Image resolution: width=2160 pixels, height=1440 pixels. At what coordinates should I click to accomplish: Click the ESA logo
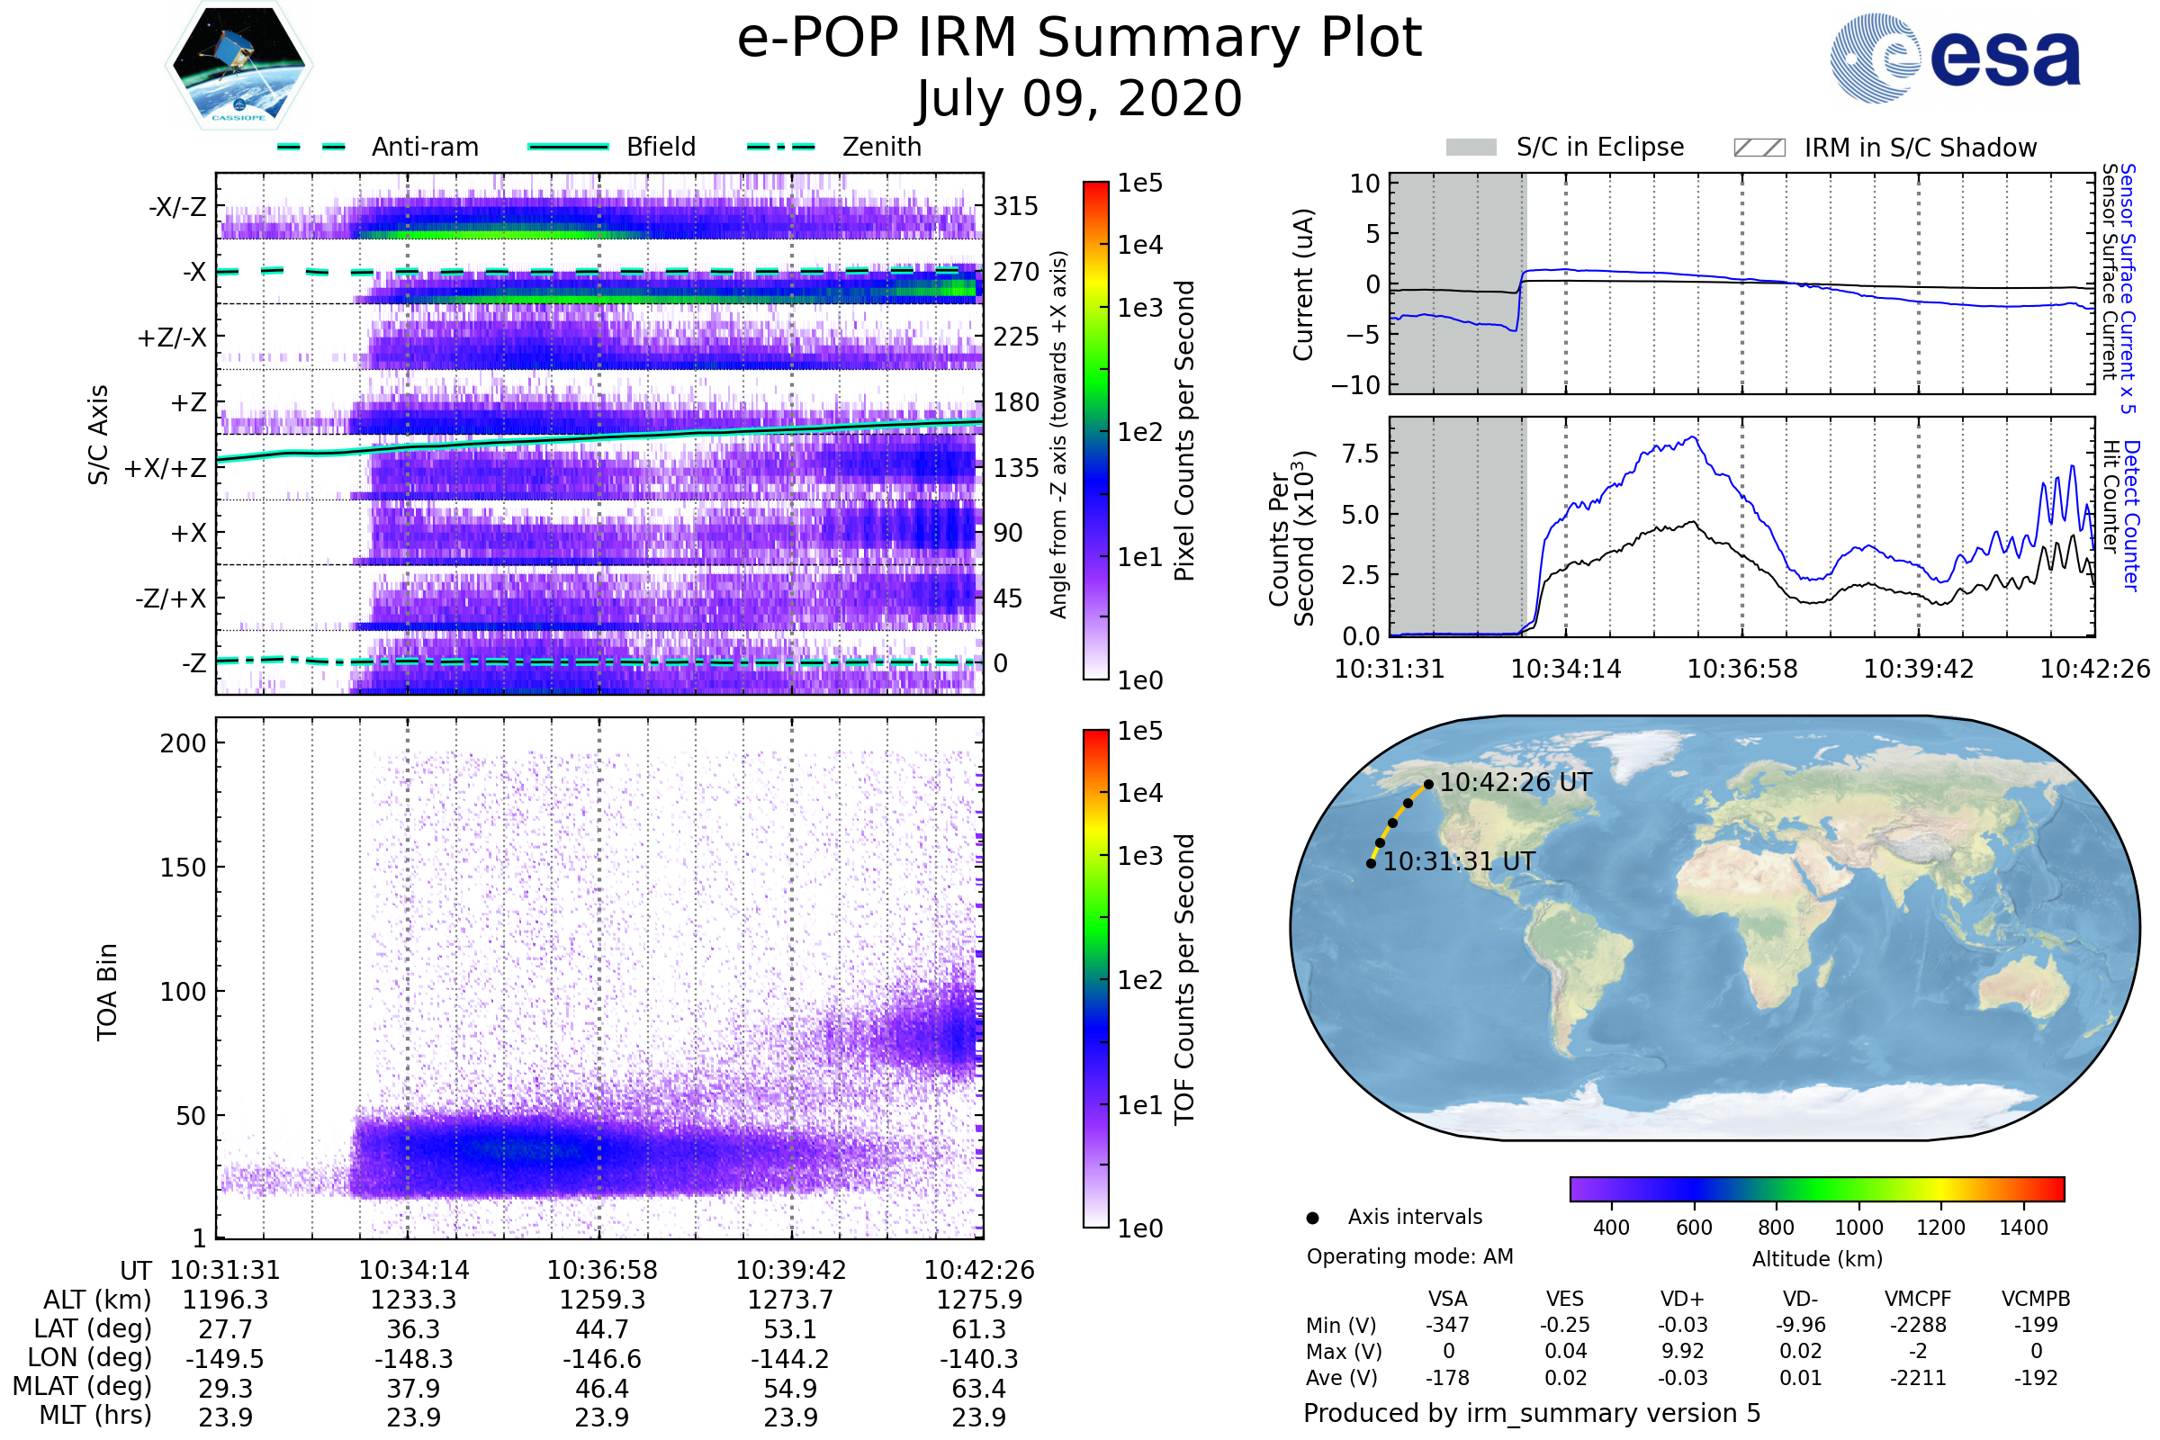coord(1955,57)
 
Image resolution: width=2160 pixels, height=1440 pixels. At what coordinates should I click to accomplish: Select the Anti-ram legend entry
coord(377,147)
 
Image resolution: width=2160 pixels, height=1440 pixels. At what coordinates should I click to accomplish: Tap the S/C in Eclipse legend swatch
coord(1471,148)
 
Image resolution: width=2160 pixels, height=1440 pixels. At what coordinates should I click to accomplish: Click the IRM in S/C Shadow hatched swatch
coord(1759,148)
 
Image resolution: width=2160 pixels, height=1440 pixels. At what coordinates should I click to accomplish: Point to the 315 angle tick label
coord(1016,207)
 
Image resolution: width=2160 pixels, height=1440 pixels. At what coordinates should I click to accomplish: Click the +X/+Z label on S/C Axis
coord(166,469)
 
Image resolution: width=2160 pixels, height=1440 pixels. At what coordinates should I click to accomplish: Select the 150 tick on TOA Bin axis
coord(183,868)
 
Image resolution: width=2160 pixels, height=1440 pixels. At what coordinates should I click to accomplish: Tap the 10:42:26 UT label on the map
coord(1516,782)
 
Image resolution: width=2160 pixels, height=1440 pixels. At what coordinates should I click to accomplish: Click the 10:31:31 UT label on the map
coord(1459,861)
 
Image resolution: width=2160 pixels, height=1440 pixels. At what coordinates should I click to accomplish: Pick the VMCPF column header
coord(1918,1300)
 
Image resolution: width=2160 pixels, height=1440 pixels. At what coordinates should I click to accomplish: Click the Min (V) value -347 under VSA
coord(1447,1325)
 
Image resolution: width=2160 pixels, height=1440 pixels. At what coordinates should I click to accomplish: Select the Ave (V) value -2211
coord(1918,1379)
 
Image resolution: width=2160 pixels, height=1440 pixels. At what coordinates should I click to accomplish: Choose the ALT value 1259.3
coord(602,1300)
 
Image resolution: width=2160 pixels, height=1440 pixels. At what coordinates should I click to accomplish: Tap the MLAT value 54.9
coord(791,1389)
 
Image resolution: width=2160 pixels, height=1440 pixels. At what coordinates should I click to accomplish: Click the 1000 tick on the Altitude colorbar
coord(1858,1228)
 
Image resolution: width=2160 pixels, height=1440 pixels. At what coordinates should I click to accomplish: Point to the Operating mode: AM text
coord(1409,1256)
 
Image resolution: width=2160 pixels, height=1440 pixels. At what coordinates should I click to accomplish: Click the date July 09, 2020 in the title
coord(1079,99)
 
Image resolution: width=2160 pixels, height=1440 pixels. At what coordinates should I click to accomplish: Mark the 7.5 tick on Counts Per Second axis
coord(1360,453)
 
